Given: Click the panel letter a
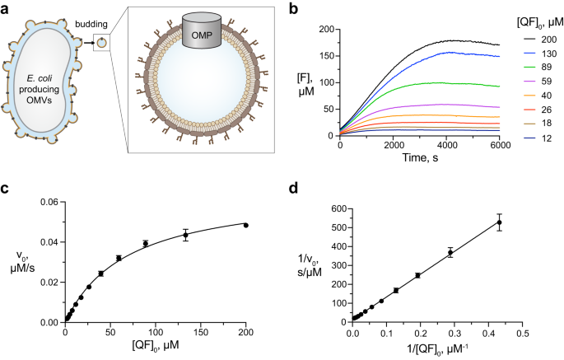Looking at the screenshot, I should [7, 8].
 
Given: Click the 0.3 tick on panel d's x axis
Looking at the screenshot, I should [454, 334].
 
